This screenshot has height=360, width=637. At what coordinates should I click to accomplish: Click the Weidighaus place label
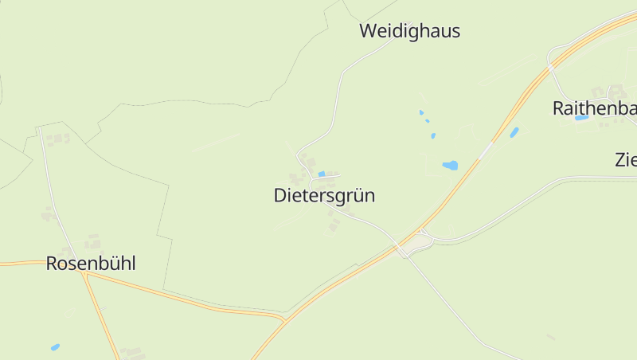point(409,32)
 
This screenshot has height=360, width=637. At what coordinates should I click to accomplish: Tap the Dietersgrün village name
point(324,196)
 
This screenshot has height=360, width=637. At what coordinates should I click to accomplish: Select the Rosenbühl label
point(91,264)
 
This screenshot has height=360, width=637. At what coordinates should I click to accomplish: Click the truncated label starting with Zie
point(626,159)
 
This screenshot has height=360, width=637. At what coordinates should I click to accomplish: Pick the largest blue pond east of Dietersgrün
point(450,166)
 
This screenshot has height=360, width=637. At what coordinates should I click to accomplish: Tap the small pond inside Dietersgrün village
point(322,174)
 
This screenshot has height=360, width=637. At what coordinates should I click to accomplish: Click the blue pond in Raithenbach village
point(581,118)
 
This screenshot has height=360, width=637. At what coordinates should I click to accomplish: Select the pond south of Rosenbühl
point(55,347)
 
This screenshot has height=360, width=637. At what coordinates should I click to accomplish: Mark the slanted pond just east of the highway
point(514,132)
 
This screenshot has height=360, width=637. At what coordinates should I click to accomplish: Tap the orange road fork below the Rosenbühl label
point(84,276)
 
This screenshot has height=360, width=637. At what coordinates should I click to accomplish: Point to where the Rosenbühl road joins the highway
point(283,320)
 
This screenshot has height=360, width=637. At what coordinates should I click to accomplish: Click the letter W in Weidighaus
point(368,32)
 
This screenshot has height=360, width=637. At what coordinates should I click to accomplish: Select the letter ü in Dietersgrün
point(355,196)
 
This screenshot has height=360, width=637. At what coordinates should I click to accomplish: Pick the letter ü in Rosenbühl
point(113,264)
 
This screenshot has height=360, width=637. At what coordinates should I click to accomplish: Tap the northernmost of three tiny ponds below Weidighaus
point(421,112)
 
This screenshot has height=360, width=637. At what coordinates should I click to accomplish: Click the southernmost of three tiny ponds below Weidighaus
point(433,135)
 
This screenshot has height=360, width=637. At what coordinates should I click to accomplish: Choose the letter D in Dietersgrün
point(280,196)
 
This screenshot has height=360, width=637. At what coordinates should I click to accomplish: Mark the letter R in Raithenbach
point(559,109)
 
